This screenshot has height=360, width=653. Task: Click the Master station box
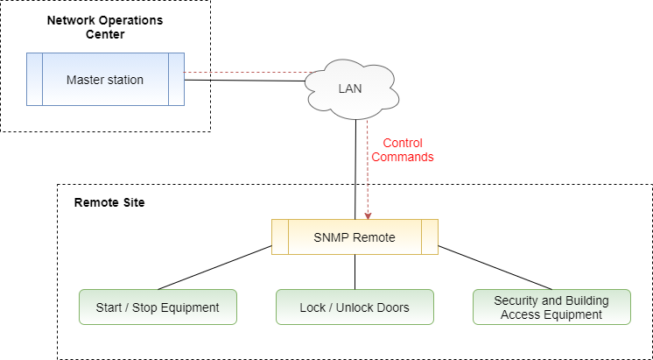tap(105, 80)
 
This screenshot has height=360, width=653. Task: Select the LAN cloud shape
tap(349, 88)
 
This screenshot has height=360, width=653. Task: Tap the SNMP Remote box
tap(355, 236)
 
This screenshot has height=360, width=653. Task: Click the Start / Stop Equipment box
tap(158, 307)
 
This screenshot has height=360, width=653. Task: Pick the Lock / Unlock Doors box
tap(355, 307)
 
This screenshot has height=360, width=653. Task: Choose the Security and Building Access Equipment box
tap(551, 307)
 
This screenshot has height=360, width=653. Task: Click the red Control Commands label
tap(403, 150)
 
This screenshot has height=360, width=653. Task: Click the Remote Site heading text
tap(109, 202)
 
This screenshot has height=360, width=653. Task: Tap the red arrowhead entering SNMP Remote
tap(369, 215)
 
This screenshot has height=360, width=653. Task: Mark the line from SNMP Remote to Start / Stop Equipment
tap(214, 268)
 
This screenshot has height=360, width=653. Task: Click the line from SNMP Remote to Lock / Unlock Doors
tap(355, 272)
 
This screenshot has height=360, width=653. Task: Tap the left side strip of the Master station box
tap(34, 80)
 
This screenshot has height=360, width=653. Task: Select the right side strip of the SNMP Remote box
tap(429, 236)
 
